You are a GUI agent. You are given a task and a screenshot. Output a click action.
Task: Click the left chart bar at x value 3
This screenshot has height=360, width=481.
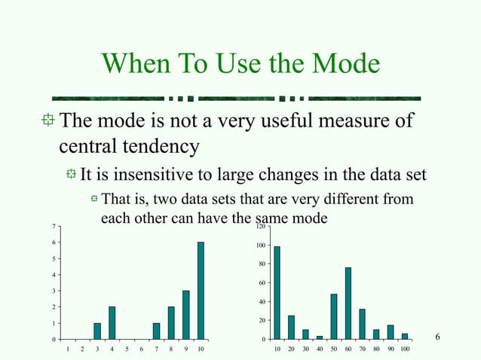point(97,331)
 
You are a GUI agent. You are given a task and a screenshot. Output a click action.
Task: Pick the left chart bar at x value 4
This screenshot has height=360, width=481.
point(112,322)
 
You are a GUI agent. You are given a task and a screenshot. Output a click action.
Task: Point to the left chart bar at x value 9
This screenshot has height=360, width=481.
point(185,315)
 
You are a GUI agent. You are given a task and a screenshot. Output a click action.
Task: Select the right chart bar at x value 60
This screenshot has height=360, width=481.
point(348,303)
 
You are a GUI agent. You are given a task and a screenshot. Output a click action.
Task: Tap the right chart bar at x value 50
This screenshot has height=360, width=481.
point(334,316)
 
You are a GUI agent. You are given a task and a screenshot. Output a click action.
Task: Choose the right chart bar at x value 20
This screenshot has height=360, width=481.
point(291,327)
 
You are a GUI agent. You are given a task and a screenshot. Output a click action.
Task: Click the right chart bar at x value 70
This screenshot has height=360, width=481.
point(363,324)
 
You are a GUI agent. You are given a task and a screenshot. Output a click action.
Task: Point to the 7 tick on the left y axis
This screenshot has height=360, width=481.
point(52,226)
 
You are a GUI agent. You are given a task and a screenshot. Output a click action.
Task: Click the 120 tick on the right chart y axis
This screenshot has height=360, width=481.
point(260,227)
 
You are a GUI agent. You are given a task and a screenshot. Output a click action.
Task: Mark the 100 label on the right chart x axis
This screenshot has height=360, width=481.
point(405,350)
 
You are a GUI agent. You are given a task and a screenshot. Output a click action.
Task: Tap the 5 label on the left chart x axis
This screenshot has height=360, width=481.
point(127,350)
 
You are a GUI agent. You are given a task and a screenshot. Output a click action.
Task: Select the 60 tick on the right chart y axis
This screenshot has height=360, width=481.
point(262,283)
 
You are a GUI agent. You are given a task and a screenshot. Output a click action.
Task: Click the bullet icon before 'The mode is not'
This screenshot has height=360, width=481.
point(48,121)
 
